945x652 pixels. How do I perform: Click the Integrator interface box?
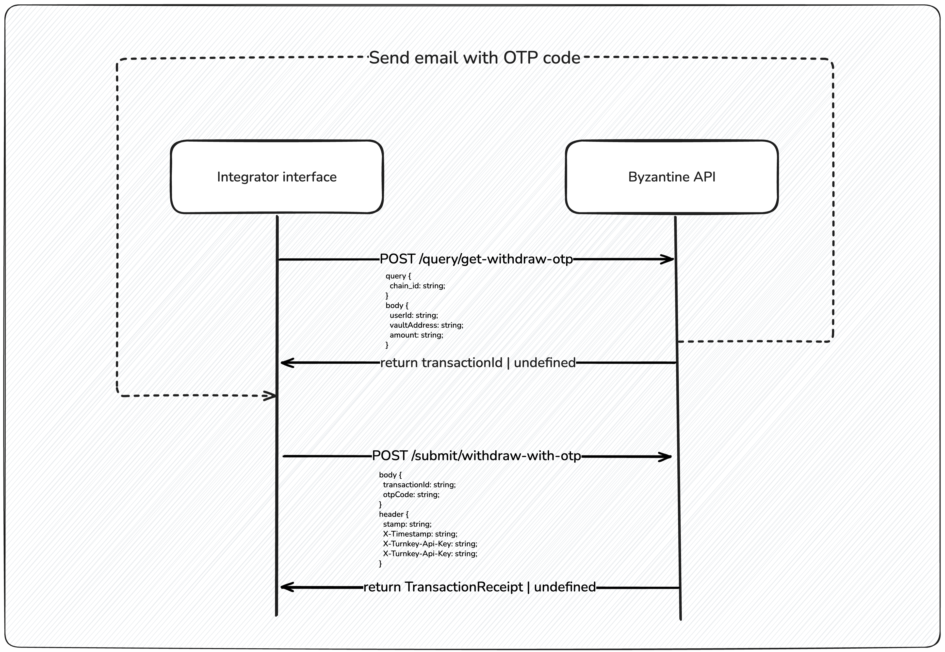coord(277,177)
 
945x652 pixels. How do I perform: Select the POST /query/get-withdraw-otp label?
coord(476,259)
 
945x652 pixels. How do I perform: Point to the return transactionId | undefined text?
coord(478,363)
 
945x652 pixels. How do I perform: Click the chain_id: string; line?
coord(417,286)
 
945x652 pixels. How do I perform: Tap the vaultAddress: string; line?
coord(426,325)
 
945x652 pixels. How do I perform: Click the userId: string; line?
coord(413,315)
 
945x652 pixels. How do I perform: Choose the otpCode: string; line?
coord(411,495)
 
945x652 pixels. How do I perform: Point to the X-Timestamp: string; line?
coord(420,534)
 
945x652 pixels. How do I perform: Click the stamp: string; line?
coord(407,524)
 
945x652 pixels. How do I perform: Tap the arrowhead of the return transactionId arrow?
coord(285,363)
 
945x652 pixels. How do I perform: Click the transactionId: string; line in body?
coord(419,485)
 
